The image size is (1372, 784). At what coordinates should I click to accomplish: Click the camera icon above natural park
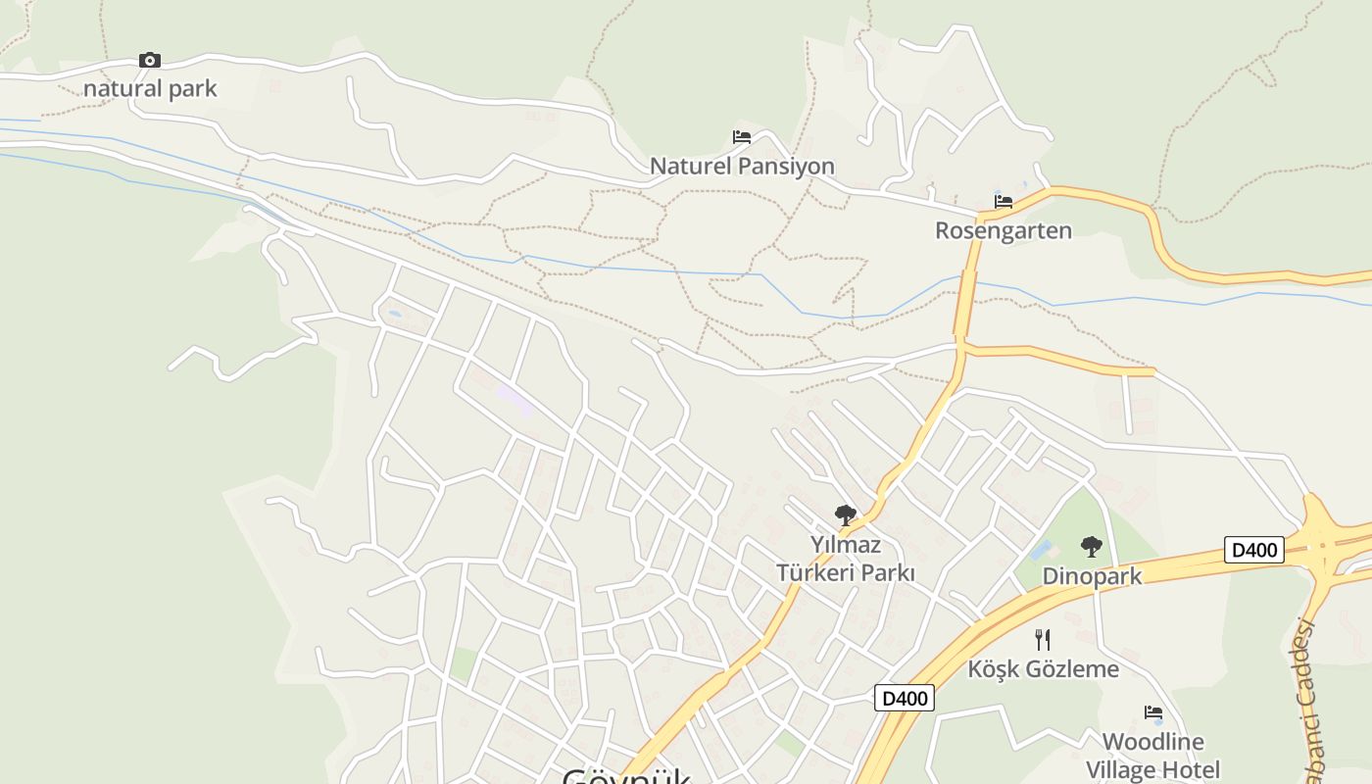[149, 61]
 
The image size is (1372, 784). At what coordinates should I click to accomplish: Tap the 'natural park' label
[150, 89]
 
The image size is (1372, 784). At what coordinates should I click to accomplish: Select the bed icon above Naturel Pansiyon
[742, 137]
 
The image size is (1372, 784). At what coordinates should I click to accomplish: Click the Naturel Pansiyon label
[742, 167]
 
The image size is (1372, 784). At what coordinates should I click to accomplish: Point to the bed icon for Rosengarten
[1004, 202]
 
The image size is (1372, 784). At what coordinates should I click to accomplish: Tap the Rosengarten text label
[1004, 231]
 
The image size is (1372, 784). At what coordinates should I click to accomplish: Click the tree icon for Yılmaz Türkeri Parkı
[845, 514]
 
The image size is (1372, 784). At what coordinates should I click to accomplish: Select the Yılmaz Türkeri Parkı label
[845, 559]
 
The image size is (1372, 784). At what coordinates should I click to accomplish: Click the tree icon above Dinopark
[1091, 547]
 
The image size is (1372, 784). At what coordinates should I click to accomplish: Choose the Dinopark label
[1092, 576]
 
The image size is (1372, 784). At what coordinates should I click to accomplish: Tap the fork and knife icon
[1043, 640]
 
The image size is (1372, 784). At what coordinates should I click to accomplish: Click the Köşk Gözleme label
[1043, 669]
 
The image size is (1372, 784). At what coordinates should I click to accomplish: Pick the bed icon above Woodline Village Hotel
[1153, 712]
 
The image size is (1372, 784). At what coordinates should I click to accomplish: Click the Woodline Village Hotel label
[1153, 756]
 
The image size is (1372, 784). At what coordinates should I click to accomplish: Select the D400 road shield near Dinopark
[1254, 550]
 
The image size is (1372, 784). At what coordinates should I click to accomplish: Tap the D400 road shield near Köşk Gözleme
[904, 698]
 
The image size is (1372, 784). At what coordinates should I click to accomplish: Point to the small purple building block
[514, 400]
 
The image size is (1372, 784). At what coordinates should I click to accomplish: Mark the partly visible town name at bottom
[627, 776]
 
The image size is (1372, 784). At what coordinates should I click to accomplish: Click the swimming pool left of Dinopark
[1041, 551]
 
